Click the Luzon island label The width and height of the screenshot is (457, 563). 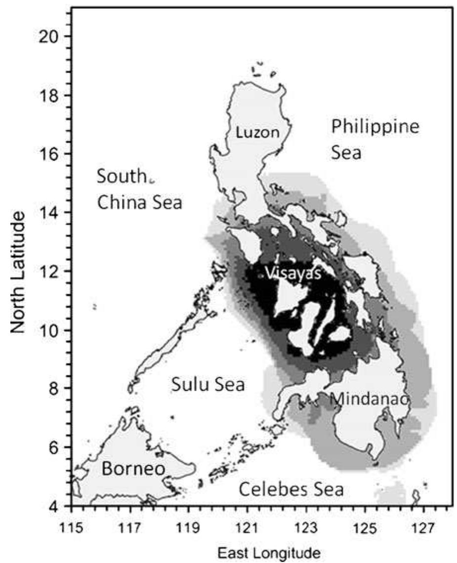coord(257,132)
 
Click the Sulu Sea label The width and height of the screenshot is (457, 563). coord(208,385)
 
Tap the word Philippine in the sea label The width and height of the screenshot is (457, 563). coord(375,127)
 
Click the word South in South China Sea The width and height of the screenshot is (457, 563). coord(122,176)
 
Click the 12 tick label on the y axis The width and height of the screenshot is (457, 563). coord(49,272)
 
